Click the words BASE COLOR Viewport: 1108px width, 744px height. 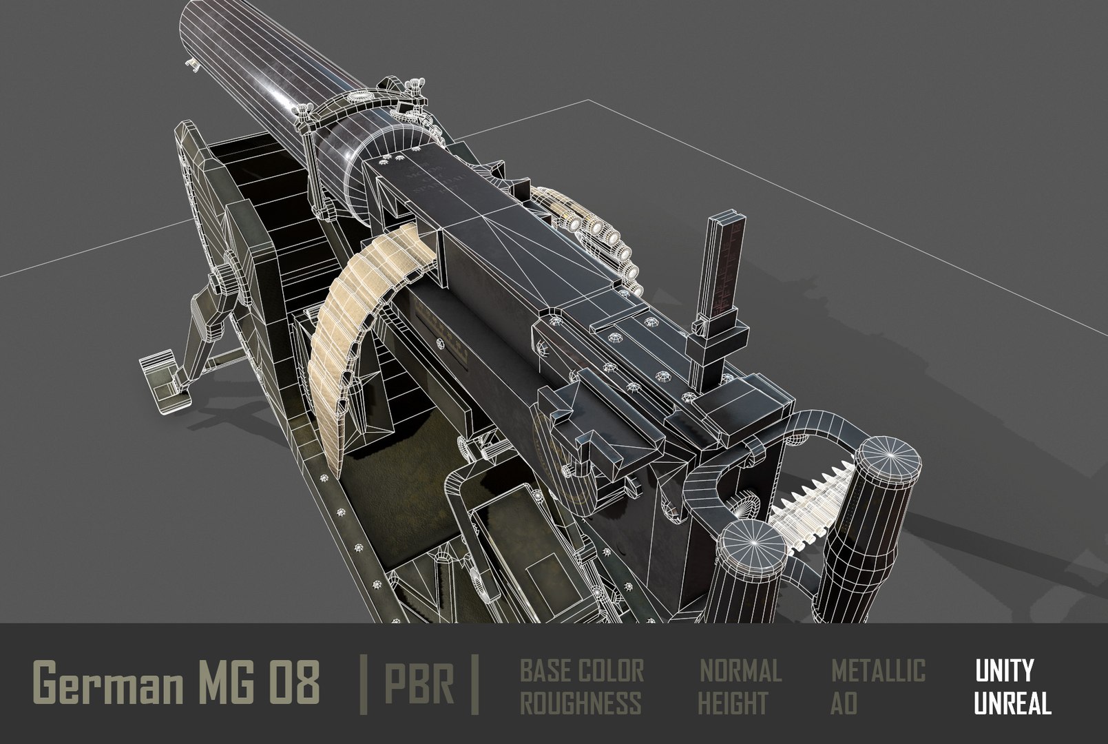[x=581, y=670]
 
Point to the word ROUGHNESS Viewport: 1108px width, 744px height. [x=580, y=703]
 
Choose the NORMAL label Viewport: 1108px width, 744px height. [x=740, y=670]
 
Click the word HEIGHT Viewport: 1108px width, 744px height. [x=733, y=703]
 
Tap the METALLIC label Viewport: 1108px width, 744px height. [x=878, y=670]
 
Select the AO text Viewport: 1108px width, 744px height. [x=844, y=703]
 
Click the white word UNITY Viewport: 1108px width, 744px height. [x=1003, y=670]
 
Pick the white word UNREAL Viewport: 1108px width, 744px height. [x=1012, y=703]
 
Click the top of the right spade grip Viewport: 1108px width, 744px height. [x=886, y=459]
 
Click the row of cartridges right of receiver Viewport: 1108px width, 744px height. [x=606, y=241]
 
